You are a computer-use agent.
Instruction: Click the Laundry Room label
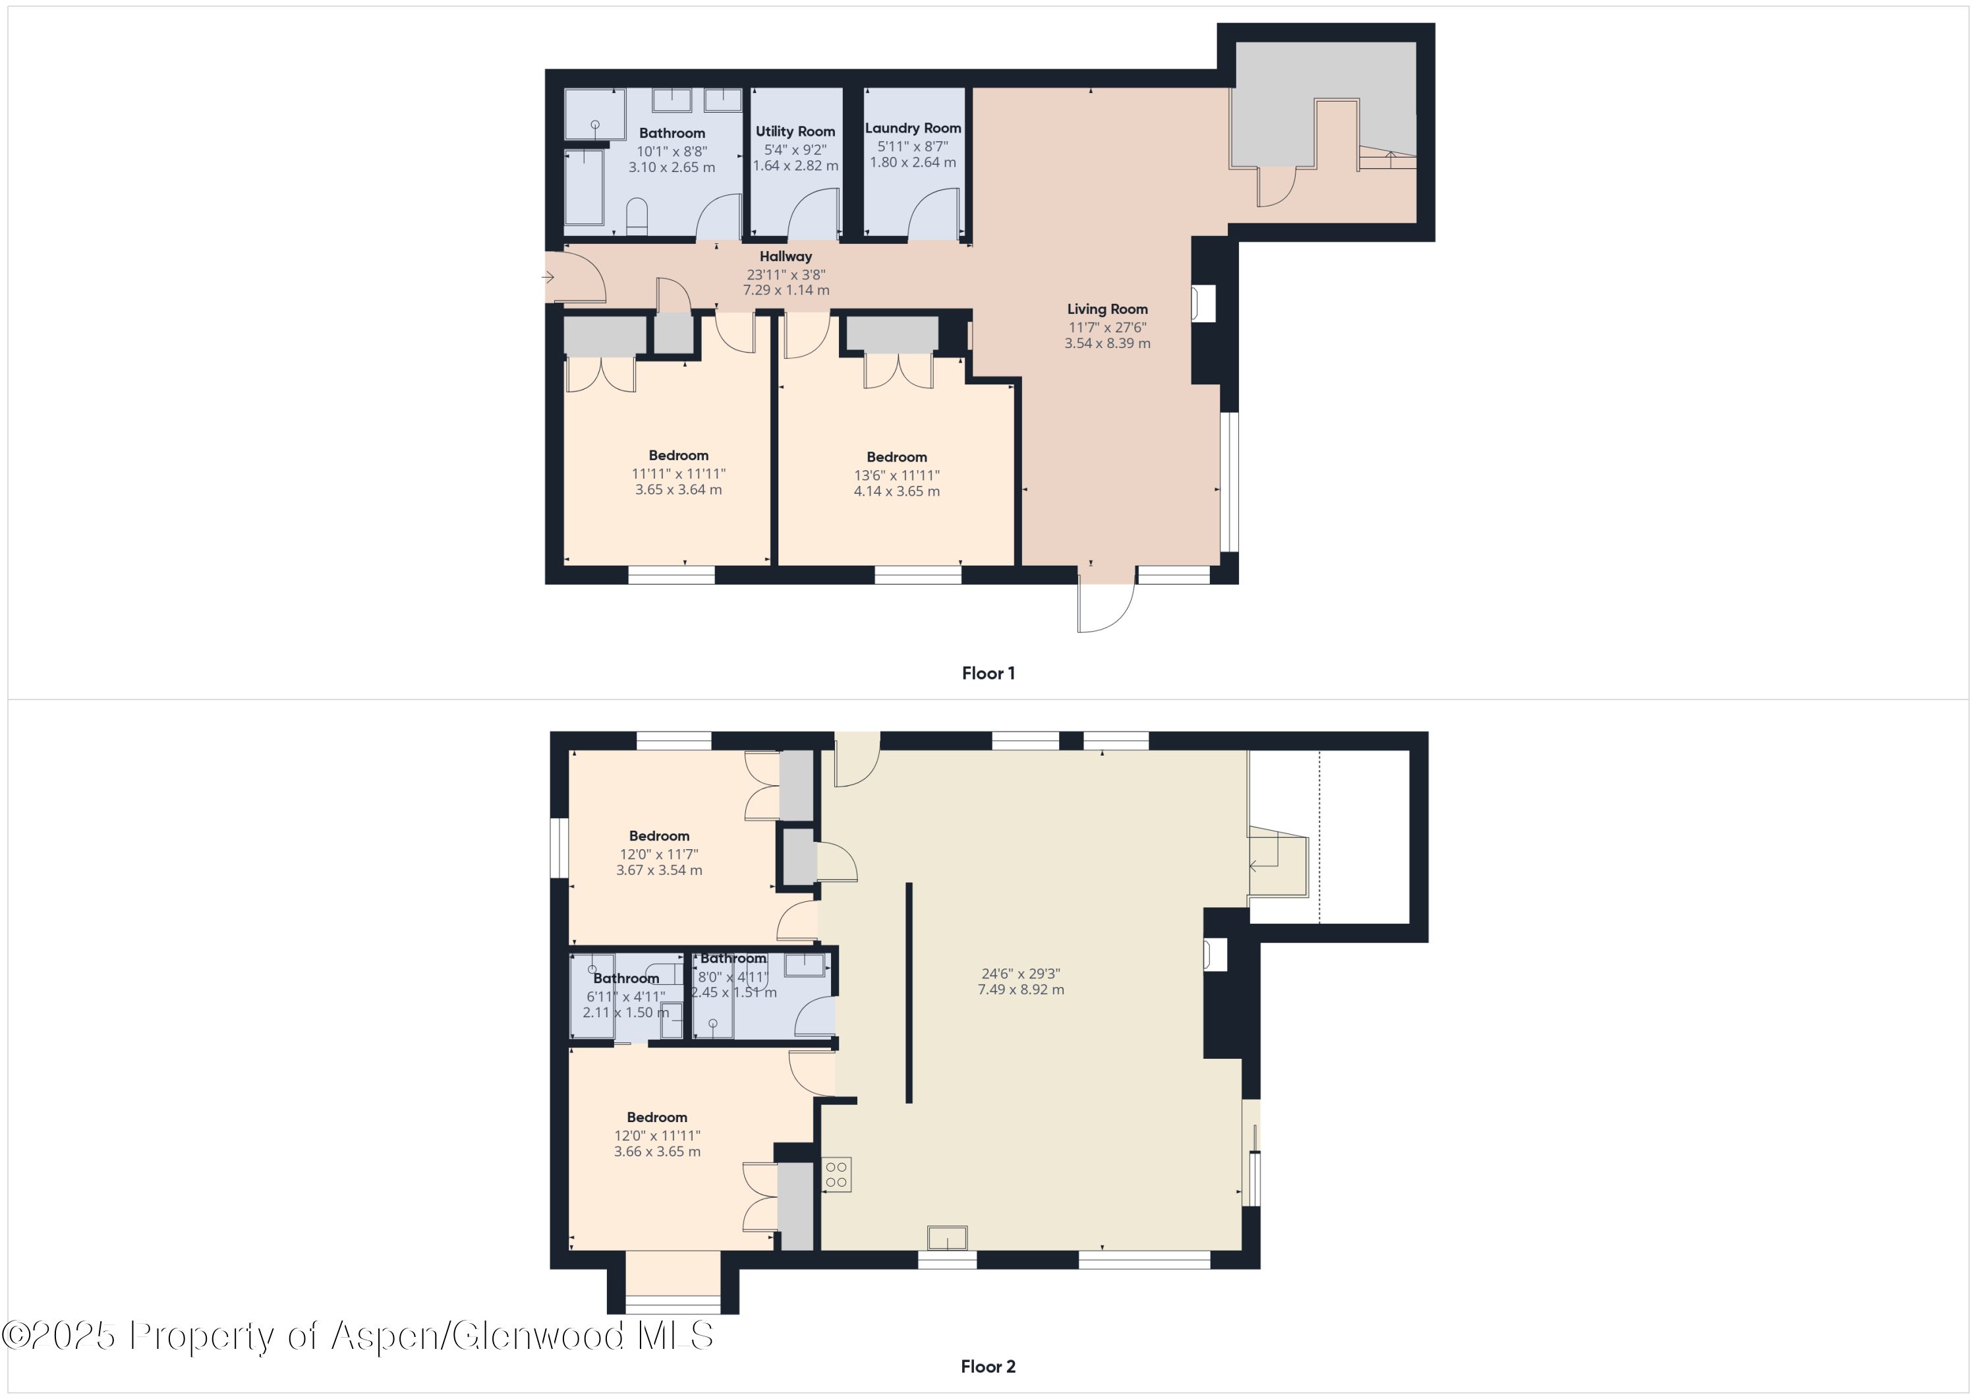(x=913, y=127)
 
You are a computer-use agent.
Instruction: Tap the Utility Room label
(x=795, y=131)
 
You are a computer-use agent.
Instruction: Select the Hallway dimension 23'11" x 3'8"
(x=786, y=275)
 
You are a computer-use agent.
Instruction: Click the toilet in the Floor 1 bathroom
(x=637, y=217)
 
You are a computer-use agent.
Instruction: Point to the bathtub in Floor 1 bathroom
(x=584, y=188)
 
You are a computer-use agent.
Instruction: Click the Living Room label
(x=1106, y=309)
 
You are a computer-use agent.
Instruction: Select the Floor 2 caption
(x=988, y=1366)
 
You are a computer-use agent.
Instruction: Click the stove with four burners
(x=836, y=1174)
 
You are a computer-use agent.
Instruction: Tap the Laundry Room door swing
(x=933, y=216)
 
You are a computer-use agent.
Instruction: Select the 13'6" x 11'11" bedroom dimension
(x=896, y=475)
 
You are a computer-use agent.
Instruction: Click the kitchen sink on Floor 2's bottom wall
(x=946, y=1238)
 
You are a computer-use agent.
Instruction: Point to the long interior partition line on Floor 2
(x=908, y=991)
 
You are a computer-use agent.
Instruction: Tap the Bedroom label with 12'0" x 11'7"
(x=659, y=835)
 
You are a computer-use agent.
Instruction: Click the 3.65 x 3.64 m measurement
(x=679, y=489)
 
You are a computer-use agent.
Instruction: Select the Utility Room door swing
(x=813, y=216)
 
